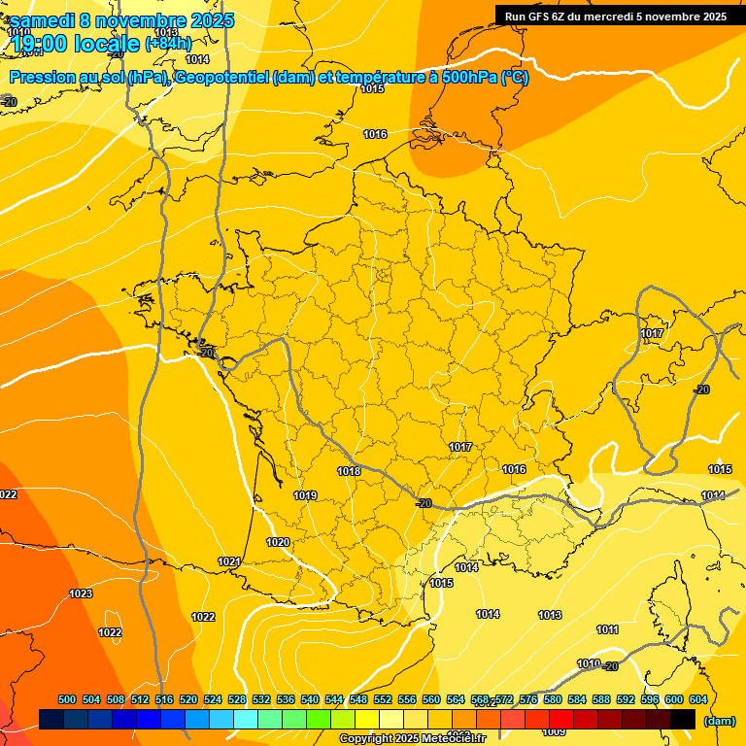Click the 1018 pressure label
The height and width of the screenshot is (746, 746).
(349, 471)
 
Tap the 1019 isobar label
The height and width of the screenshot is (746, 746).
(305, 495)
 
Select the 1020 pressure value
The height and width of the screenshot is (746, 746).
(278, 542)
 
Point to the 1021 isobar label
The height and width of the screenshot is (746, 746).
(229, 561)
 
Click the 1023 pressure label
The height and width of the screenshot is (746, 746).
(81, 593)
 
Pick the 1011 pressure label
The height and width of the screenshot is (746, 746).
(607, 629)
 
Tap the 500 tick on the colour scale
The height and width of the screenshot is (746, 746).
(67, 699)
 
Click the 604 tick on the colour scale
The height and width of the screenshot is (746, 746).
(698, 699)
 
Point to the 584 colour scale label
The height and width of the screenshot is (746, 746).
(577, 699)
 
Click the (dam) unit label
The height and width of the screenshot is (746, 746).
(719, 721)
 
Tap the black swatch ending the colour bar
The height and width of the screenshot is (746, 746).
(683, 719)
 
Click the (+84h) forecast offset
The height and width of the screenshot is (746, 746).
(168, 44)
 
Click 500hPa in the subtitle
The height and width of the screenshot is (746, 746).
(464, 78)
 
